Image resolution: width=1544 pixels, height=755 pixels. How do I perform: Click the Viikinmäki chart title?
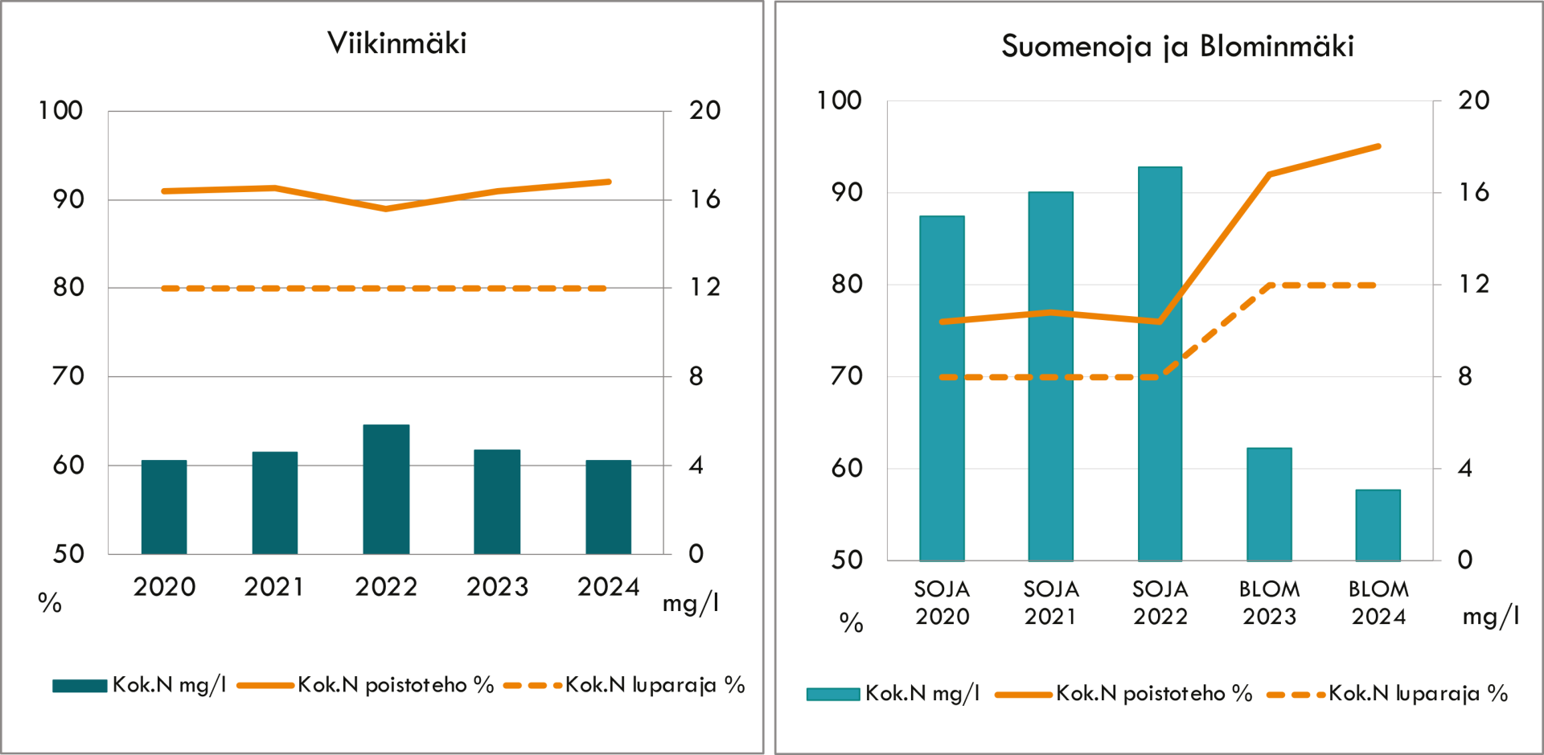tap(396, 43)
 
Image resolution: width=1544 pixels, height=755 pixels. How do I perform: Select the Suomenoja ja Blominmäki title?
tap(1177, 47)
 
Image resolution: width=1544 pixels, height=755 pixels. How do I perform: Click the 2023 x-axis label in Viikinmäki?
tap(498, 587)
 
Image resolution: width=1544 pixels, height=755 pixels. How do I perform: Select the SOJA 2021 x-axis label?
tap(1051, 603)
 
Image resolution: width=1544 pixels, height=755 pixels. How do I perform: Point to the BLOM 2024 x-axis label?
tap(1378, 603)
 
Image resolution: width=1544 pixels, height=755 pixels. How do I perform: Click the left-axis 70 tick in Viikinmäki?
tap(68, 375)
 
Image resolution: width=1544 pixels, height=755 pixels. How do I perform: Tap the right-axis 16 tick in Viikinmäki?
tap(704, 199)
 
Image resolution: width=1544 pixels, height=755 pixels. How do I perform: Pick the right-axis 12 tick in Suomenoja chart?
tap(1473, 284)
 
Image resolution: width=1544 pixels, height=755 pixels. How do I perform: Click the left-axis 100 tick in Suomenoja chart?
tap(839, 101)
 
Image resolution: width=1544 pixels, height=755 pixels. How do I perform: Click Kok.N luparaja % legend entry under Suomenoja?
tap(1387, 694)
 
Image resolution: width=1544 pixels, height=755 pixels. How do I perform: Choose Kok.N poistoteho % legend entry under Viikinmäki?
tap(367, 685)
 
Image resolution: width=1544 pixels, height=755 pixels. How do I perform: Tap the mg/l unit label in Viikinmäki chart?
tap(690, 603)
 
